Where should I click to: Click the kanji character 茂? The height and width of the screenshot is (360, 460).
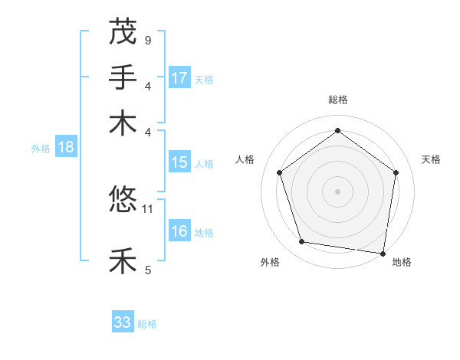click(123, 32)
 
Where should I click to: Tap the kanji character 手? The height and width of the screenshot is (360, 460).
click(123, 77)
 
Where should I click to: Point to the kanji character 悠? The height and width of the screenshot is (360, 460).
click(123, 201)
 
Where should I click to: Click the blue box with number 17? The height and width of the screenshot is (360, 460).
click(179, 78)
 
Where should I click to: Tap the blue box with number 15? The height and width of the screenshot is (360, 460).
click(179, 162)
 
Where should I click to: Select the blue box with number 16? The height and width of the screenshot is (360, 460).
click(179, 232)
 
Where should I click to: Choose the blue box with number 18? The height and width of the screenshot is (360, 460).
click(66, 148)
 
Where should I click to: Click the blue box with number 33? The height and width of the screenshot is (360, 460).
click(123, 322)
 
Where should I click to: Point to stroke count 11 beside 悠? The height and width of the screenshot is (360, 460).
click(149, 208)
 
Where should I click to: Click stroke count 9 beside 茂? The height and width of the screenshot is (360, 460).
click(148, 39)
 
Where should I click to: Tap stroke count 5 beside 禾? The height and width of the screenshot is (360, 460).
click(148, 269)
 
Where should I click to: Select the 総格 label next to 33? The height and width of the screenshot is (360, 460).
click(147, 324)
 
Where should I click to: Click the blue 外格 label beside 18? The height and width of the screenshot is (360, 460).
click(40, 149)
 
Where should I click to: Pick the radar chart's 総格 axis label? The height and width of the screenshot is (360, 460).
click(337, 100)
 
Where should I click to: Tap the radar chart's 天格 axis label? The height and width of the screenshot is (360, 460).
click(432, 159)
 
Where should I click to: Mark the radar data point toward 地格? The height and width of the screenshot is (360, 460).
click(383, 253)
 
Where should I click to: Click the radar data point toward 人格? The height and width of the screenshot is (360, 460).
click(280, 172)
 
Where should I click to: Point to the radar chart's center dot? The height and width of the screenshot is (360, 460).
click(337, 191)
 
